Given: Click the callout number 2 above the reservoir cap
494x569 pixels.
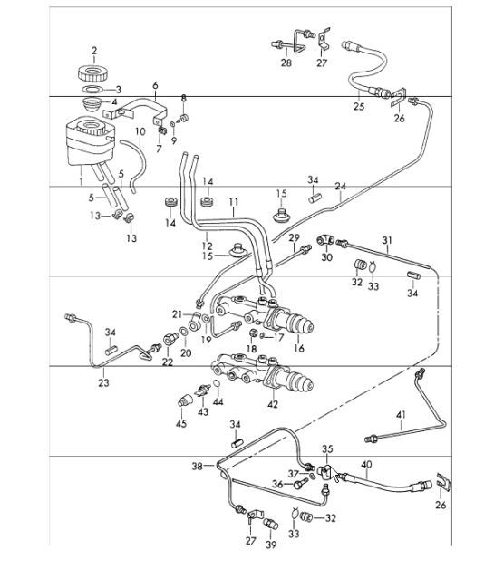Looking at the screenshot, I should pyautogui.click(x=92, y=49).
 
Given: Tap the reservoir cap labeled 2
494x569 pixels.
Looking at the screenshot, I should pyautogui.click(x=92, y=71).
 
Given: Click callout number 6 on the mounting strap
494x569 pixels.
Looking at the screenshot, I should pyautogui.click(x=155, y=86).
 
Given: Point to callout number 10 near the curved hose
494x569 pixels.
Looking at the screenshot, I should pyautogui.click(x=140, y=131).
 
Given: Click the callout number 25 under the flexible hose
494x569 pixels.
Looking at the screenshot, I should pyautogui.click(x=360, y=107).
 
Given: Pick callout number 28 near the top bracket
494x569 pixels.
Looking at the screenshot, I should pyautogui.click(x=286, y=64).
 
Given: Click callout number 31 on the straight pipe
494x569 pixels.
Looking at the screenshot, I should pyautogui.click(x=386, y=240).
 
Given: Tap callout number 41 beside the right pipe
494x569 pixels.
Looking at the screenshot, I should pyautogui.click(x=400, y=416).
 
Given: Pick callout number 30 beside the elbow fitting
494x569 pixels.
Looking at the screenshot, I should pyautogui.click(x=327, y=257).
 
